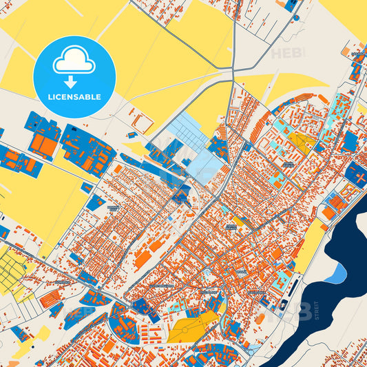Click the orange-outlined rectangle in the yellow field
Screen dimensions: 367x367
click(143, 123)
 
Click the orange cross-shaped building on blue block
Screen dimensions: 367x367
click(358, 174)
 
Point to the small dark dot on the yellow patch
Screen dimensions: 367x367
click(295, 16)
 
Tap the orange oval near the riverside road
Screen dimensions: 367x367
click(260, 319)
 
